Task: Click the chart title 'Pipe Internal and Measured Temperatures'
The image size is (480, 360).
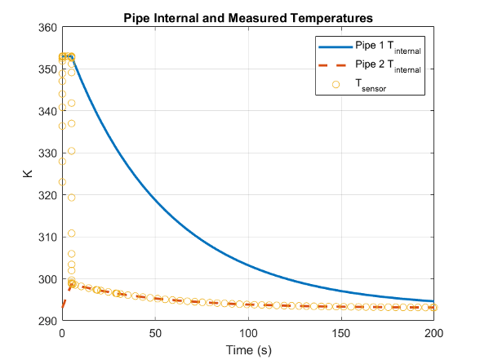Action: point(248,16)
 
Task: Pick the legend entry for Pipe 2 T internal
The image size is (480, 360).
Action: point(388,67)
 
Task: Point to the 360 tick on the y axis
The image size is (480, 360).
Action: point(47,28)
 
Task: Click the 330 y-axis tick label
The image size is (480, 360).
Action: point(47,153)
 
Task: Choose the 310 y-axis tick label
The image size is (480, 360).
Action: point(47,238)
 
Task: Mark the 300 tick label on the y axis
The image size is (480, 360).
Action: point(47,279)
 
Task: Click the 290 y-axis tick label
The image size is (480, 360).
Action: point(47,321)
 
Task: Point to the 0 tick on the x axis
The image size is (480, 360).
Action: point(62,333)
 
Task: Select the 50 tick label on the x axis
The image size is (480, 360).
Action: point(155,333)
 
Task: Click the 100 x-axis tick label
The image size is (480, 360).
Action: point(248,333)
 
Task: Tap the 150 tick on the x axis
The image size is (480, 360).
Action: point(341,333)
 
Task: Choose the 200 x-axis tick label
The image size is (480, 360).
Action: point(434,333)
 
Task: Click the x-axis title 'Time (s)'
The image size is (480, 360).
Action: point(248,349)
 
